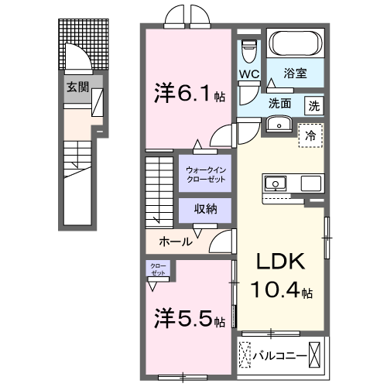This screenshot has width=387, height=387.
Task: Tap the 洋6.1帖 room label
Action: [x=187, y=95]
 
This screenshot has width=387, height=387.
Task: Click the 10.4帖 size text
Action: [x=281, y=292]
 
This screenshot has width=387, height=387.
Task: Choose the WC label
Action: [x=248, y=74]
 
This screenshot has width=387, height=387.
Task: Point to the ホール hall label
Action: [x=176, y=241]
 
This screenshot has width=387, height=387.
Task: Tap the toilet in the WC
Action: [x=248, y=51]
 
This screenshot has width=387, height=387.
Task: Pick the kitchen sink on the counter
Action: [x=276, y=183]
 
